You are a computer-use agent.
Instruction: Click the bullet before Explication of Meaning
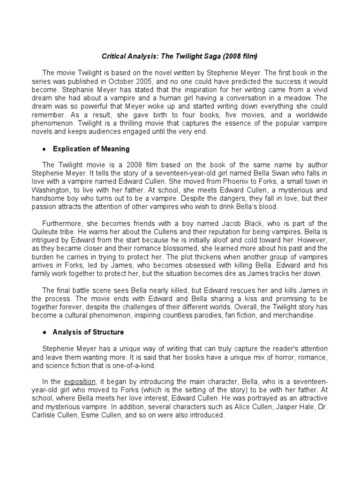click(x=44, y=150)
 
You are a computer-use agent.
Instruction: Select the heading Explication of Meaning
click(x=91, y=149)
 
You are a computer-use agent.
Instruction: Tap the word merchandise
click(x=299, y=315)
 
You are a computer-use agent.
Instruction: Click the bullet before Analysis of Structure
click(x=44, y=332)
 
